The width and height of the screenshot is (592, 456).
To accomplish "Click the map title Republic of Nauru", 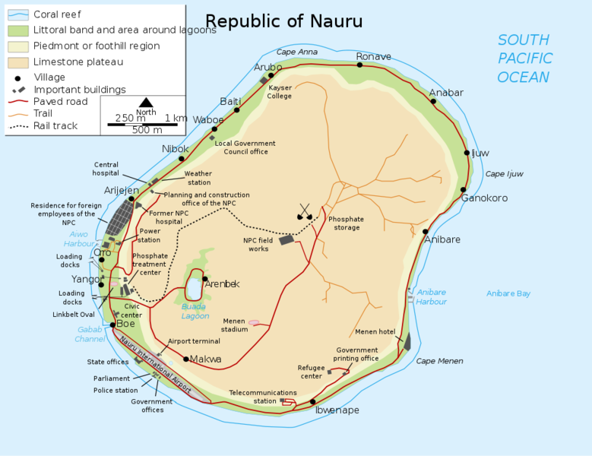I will point(284,21).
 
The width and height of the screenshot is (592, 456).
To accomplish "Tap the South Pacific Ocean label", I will point(524,59).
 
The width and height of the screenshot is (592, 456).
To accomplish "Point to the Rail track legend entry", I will point(55,125).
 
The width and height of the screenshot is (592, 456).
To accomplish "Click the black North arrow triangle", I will point(146,103).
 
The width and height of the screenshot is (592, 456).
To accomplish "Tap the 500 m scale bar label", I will point(147,130).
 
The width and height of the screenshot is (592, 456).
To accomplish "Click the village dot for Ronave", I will point(359,65).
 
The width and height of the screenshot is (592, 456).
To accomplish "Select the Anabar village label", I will point(446,93).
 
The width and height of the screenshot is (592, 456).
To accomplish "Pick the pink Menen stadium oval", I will point(254,322).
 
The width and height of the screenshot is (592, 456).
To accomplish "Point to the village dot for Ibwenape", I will point(312,402).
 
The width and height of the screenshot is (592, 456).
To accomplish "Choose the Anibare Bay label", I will point(508,293).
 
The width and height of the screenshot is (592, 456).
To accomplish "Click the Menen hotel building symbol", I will point(407,341).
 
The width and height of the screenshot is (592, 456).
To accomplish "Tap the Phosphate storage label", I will point(346,223).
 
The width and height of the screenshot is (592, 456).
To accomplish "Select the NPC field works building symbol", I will point(287,239).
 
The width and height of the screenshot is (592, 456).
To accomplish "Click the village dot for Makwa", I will point(186,359).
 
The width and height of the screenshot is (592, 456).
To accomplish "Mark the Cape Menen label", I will point(439,361).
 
